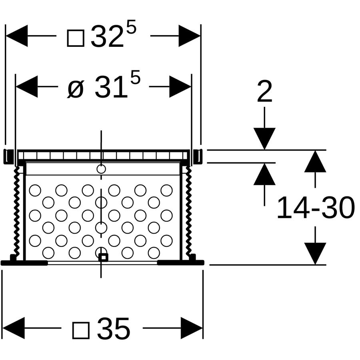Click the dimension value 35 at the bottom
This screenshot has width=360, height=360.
point(114,329)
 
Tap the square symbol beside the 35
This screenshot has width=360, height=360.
point(81,330)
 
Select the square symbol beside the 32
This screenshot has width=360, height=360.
point(76,38)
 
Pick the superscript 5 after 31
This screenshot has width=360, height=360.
point(135,77)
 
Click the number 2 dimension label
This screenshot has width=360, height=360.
point(264,91)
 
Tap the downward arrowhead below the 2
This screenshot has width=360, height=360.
point(264,139)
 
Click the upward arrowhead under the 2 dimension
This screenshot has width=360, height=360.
point(264,174)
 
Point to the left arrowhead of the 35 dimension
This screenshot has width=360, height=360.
point(13,328)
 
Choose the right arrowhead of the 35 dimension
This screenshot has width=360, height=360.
point(192,328)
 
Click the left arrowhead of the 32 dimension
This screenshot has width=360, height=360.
point(16,36)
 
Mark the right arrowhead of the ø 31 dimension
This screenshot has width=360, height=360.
point(180,86)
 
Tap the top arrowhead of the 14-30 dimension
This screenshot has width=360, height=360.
point(315,161)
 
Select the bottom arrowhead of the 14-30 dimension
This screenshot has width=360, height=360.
point(315,254)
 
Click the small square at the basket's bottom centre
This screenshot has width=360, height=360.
point(103,257)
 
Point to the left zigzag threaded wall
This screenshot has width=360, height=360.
point(16,210)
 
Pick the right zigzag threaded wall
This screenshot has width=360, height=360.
point(189,210)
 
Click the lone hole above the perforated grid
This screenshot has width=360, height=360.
point(101,169)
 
